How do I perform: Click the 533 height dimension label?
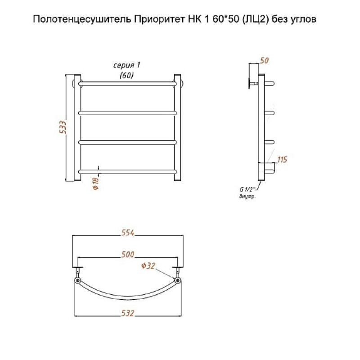click(x=63, y=127)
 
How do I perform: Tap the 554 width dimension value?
click(x=128, y=233)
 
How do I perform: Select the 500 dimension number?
click(x=128, y=254)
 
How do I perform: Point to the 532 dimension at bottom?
click(x=128, y=313)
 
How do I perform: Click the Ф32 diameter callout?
click(x=148, y=265)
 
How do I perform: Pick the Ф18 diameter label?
click(x=96, y=184)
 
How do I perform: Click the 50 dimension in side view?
click(x=264, y=60)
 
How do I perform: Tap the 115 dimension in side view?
click(x=282, y=160)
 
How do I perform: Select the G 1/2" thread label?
click(x=247, y=189)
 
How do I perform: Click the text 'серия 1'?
click(x=126, y=65)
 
